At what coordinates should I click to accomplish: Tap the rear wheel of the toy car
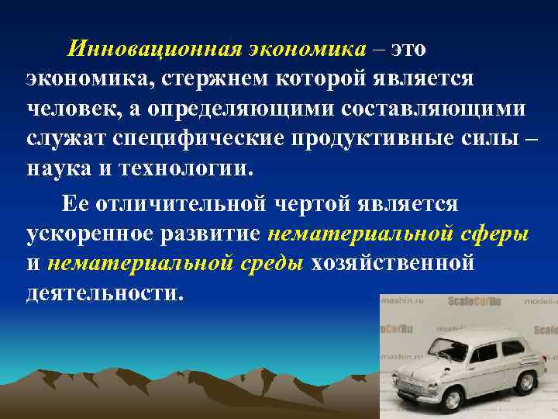pyautogui.click(x=527, y=383)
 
